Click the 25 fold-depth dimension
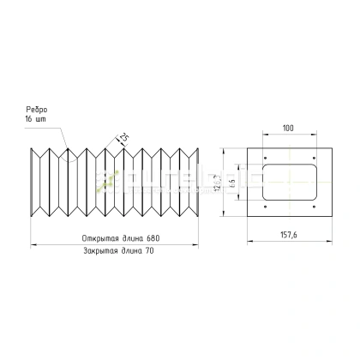pyautogui.click(x=123, y=137)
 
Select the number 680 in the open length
pyautogui.click(x=153, y=237)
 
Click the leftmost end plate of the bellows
pyautogui.click(x=34, y=182)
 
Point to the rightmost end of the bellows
pyautogui.click(x=201, y=182)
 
